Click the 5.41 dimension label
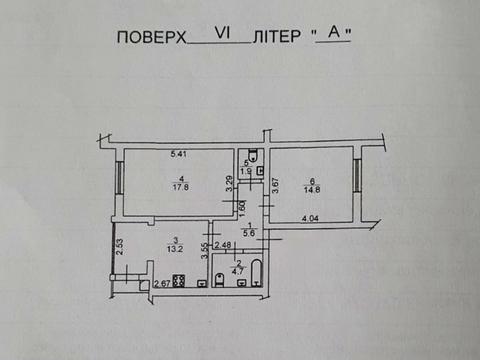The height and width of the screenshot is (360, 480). [179, 153]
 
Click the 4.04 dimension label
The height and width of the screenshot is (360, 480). [309, 217]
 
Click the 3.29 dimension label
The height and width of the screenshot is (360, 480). [229, 184]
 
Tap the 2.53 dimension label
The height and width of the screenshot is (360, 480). [119, 246]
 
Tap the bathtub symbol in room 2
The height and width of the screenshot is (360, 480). [255, 272]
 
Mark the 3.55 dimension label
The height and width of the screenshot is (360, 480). [204, 252]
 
